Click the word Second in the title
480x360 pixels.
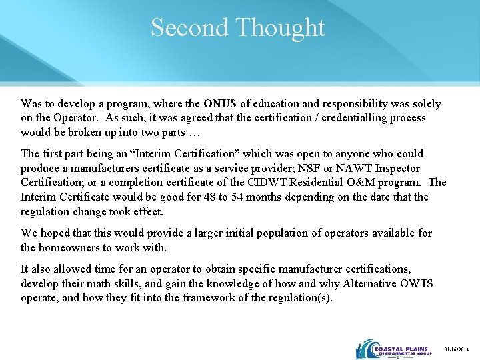[190, 28]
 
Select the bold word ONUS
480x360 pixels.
[220, 104]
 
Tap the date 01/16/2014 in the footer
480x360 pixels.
[458, 351]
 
